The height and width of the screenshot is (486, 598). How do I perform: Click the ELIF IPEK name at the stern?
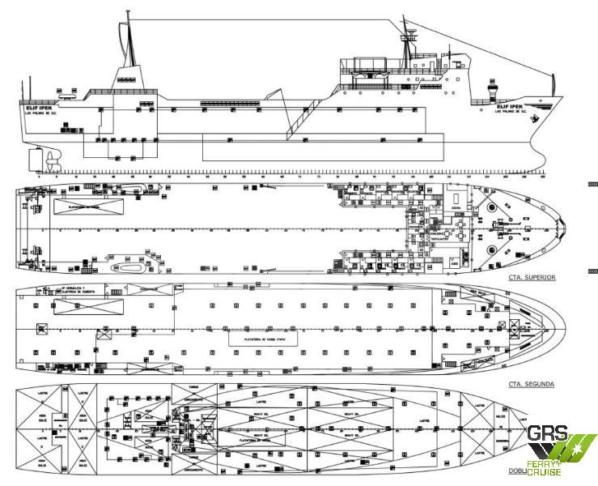pos(38,106)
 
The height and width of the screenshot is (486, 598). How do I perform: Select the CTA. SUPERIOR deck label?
pos(531,277)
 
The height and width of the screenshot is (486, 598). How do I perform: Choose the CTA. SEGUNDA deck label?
pos(531,384)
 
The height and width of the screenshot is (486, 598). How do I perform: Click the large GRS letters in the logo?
pos(549,436)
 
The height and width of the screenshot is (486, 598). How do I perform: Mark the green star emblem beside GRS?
pos(582,444)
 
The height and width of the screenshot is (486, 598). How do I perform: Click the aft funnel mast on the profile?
pos(127,49)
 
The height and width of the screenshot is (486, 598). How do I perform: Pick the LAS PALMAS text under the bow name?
pos(512,113)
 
